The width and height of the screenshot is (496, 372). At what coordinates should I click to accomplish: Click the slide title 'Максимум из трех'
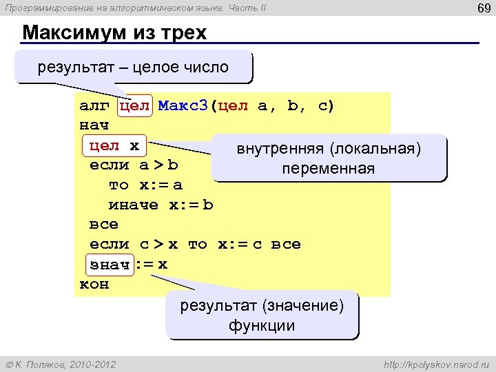[x=114, y=33]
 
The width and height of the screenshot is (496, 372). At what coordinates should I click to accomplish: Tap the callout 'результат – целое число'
[x=134, y=68]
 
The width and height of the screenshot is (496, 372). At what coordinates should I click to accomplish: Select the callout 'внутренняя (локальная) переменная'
[x=329, y=159]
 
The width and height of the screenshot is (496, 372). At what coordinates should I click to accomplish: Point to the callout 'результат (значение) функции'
[x=262, y=316]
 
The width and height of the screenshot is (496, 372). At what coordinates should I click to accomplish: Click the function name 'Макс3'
[x=183, y=106]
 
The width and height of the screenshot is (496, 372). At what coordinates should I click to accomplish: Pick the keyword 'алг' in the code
[x=94, y=106]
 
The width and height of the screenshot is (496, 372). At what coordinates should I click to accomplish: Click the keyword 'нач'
[x=94, y=126]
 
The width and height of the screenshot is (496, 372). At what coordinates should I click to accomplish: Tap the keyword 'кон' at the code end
[x=94, y=285]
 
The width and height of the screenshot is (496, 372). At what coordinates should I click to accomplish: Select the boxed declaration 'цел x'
[x=115, y=146]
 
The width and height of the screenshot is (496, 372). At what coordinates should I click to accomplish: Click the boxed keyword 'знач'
[x=110, y=265]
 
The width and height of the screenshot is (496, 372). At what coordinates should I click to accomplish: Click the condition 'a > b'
[x=159, y=165]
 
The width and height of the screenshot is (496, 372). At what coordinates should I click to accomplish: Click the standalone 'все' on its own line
[x=104, y=225]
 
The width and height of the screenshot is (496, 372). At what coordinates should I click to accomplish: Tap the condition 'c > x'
[x=159, y=245]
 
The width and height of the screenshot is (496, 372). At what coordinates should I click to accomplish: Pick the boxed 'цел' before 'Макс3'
[x=134, y=106]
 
